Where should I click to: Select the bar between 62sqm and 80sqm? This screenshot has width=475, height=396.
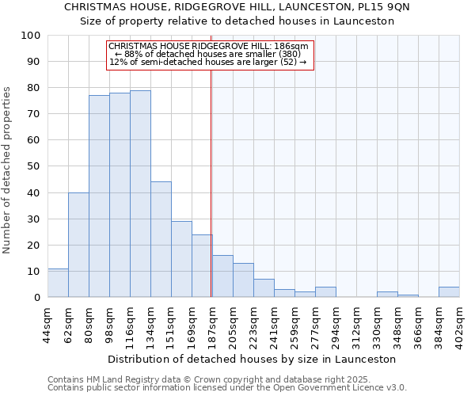[78, 245]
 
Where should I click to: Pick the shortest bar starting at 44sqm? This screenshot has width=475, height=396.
[58, 283]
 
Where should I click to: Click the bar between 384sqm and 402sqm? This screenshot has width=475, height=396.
[449, 292]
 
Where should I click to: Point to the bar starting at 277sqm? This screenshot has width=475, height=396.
[325, 292]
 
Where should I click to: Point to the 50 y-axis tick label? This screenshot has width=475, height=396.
[35, 166]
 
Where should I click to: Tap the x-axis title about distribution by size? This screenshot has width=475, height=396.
[253, 359]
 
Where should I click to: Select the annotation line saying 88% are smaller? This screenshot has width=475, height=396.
[207, 54]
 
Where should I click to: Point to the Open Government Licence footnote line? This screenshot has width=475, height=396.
[227, 388]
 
